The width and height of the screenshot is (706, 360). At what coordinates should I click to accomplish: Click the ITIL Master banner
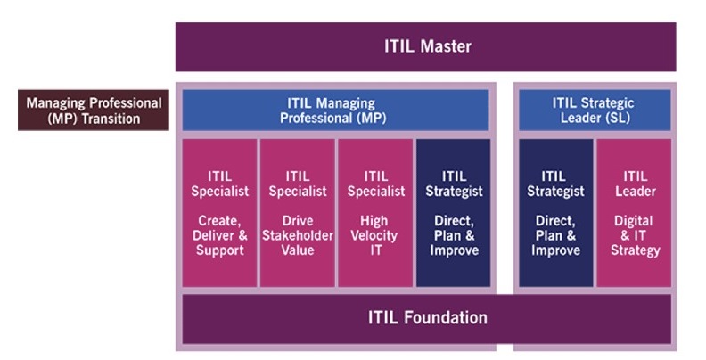(x=425, y=46)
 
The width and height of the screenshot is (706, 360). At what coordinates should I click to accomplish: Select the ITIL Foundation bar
(x=426, y=317)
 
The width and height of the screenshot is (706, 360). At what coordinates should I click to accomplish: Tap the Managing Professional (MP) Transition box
(x=94, y=110)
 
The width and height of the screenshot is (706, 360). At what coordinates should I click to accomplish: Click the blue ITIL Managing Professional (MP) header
(x=335, y=110)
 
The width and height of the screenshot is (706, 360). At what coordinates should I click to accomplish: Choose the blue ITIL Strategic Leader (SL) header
(x=594, y=110)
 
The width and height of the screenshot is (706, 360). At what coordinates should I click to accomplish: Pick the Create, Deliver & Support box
(x=219, y=213)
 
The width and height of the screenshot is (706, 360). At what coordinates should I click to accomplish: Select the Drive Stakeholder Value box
(x=298, y=213)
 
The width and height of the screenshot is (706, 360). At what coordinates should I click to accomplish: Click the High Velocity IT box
(x=374, y=213)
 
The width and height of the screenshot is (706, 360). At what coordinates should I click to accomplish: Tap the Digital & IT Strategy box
(x=633, y=213)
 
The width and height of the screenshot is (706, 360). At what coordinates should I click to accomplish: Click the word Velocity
(x=374, y=235)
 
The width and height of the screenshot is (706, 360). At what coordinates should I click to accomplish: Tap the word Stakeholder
(x=298, y=235)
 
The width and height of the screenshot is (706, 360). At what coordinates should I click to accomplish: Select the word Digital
(x=633, y=220)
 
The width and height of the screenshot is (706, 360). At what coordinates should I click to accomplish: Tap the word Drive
(x=298, y=220)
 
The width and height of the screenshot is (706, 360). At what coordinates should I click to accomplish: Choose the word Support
(x=219, y=250)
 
